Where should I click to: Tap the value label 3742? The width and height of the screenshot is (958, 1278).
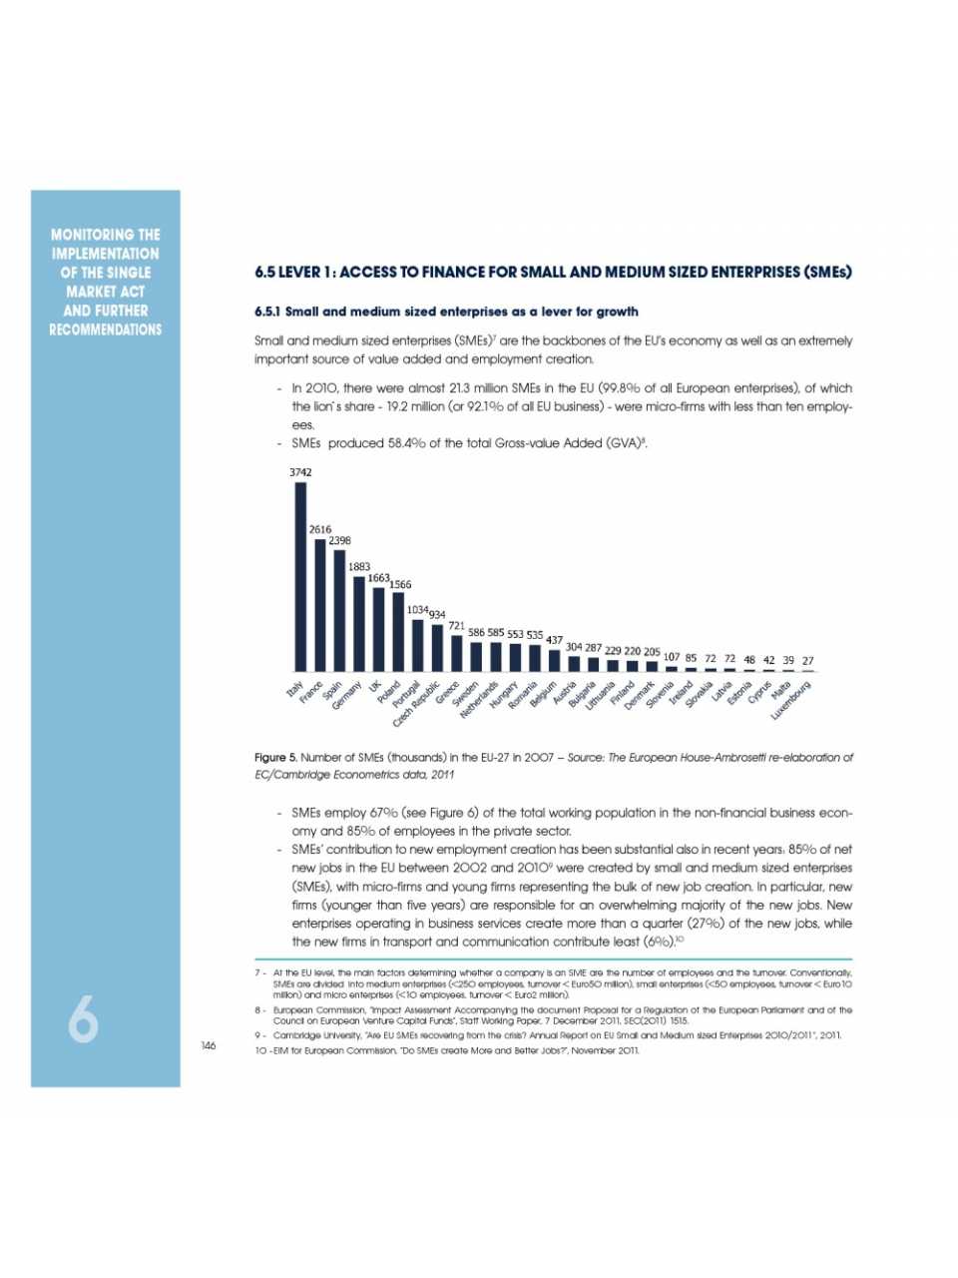tap(300, 472)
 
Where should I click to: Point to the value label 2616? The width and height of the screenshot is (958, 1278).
tap(320, 529)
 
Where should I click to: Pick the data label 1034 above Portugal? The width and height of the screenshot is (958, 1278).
tap(417, 609)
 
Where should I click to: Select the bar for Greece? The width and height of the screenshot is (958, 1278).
tap(457, 653)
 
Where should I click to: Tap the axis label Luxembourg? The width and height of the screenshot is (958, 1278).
tap(793, 701)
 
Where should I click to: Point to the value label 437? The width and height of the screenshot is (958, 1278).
tap(555, 640)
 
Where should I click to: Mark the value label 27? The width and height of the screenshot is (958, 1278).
tap(808, 660)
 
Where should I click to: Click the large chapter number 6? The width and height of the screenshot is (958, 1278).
tap(84, 1019)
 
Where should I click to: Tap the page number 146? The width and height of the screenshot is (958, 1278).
tap(208, 1045)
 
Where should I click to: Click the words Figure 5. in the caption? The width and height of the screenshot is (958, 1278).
tap(275, 758)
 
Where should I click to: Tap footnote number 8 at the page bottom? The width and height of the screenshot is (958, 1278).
tap(258, 1009)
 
